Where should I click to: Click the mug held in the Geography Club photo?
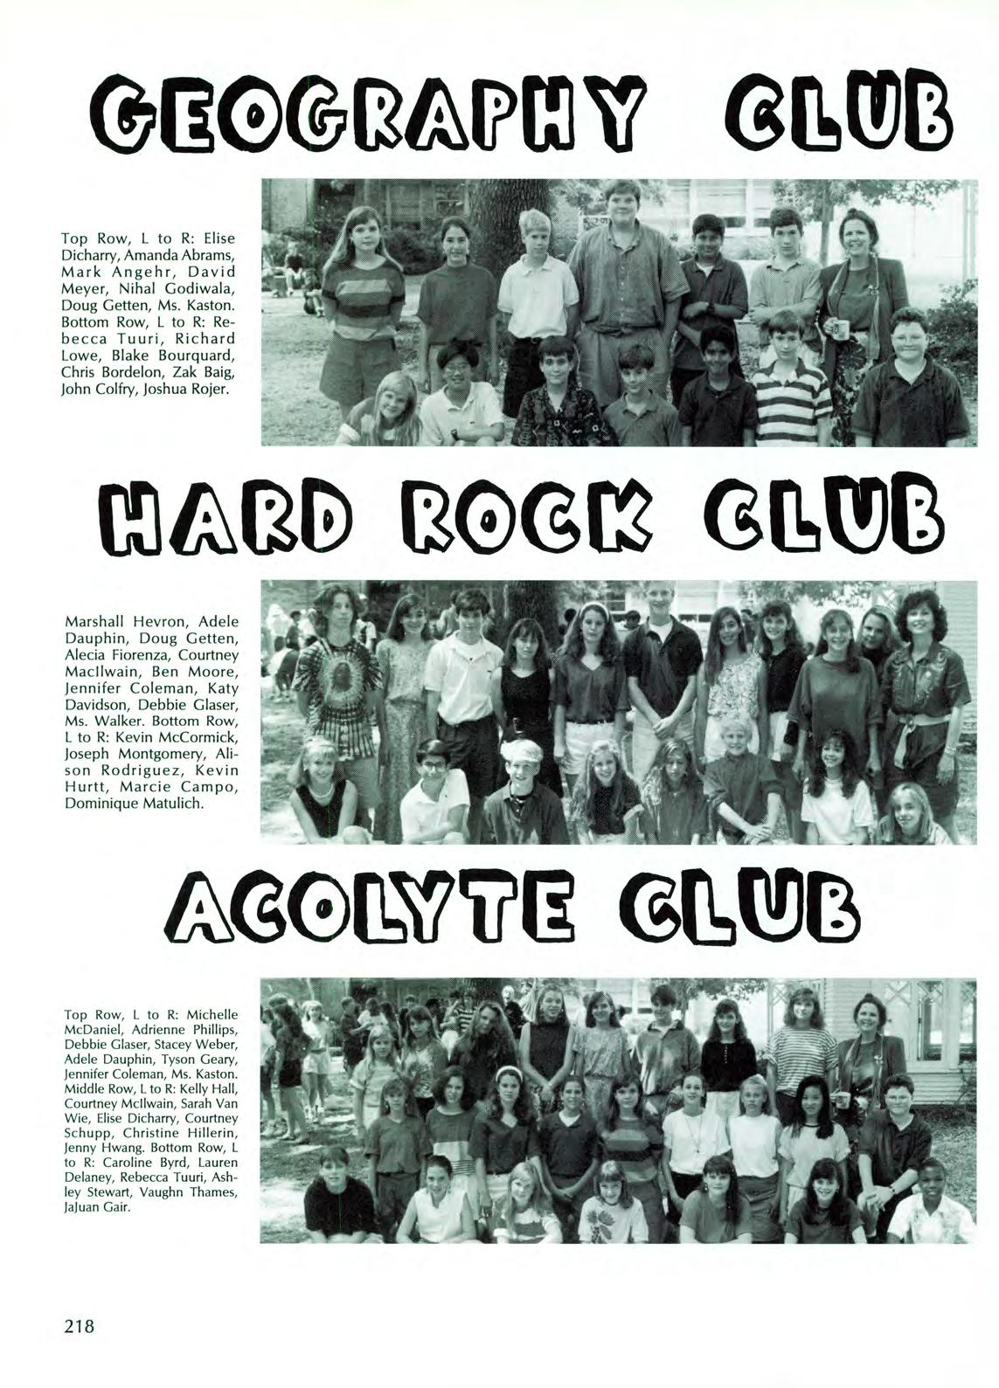[841, 329]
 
